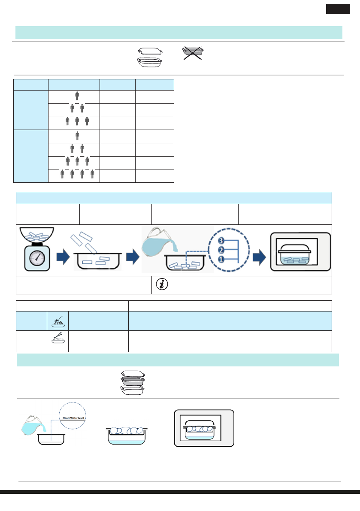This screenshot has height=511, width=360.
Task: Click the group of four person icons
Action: (x=77, y=175)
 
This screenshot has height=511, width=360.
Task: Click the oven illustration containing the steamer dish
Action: (x=204, y=429)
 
